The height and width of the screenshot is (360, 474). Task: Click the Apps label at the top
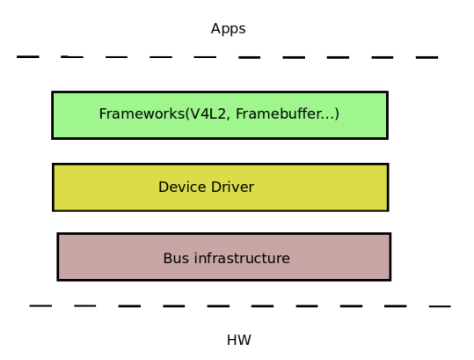click(229, 29)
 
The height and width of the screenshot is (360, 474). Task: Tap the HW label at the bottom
click(239, 340)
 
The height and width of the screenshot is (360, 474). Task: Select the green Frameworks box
click(220, 115)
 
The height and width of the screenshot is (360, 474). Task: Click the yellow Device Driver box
click(221, 187)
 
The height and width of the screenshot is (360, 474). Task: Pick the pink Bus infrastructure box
click(224, 257)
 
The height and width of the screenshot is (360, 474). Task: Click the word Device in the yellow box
click(183, 187)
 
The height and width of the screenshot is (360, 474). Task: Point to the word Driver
click(233, 187)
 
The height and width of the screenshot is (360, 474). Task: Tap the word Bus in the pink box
click(176, 259)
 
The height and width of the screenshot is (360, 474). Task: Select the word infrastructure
click(242, 259)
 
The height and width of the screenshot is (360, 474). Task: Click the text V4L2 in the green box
click(208, 114)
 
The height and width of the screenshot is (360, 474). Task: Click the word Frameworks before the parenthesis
click(142, 114)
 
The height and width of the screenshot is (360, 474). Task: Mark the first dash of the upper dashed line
click(28, 56)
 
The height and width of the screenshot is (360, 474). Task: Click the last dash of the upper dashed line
click(427, 57)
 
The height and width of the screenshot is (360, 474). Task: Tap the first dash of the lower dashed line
click(40, 305)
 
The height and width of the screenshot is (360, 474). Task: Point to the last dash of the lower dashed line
click(440, 306)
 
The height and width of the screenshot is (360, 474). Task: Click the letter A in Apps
click(215, 28)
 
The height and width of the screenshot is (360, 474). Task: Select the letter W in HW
click(244, 340)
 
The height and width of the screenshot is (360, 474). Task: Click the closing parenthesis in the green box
click(337, 114)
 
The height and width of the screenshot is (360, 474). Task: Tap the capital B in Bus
click(167, 259)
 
